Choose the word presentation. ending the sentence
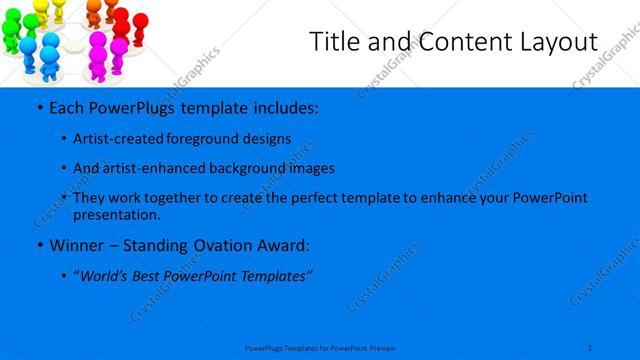click(x=117, y=214)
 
